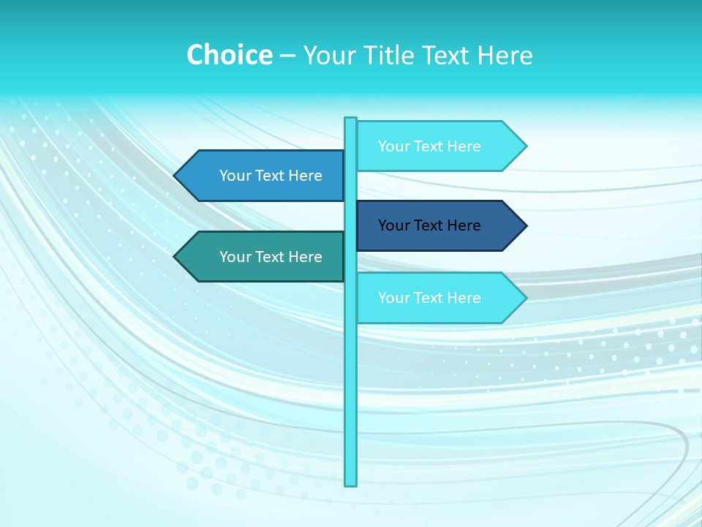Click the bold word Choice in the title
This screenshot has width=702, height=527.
(229, 56)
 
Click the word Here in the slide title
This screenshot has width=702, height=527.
(505, 56)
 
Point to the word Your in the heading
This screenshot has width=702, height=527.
(329, 56)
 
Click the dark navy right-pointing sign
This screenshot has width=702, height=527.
(431, 225)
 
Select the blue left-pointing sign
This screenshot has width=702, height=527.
(263, 176)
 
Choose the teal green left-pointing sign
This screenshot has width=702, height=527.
(263, 257)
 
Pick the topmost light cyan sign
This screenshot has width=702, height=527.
(431, 146)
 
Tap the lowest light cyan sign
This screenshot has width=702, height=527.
(431, 298)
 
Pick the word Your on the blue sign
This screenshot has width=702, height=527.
(235, 176)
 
